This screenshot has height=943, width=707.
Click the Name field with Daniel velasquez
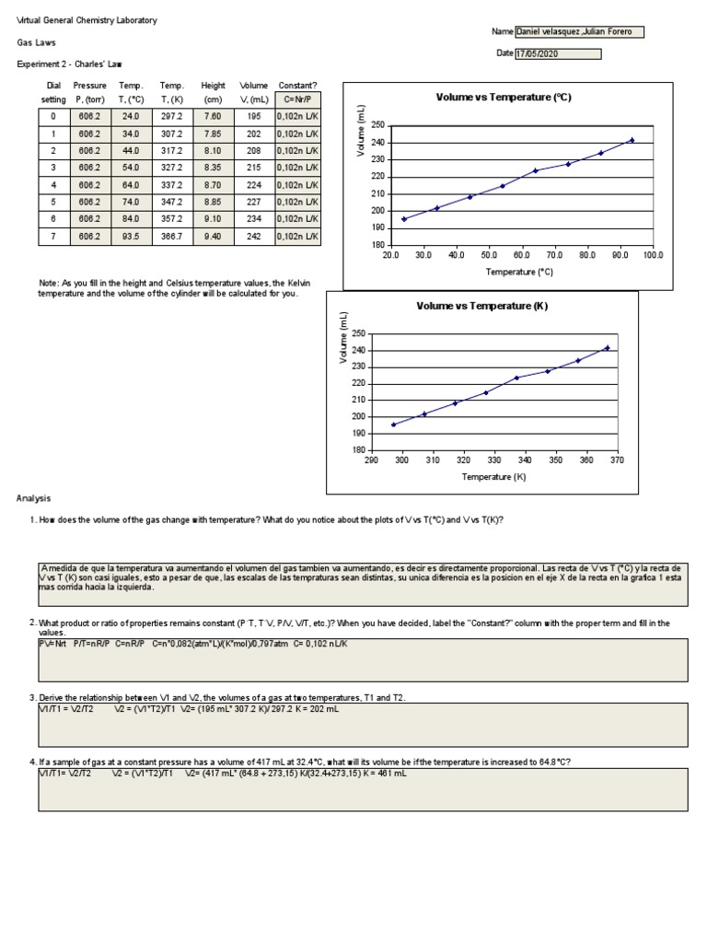579,32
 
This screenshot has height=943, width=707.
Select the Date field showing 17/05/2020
557,53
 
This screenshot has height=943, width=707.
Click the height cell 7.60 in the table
212,117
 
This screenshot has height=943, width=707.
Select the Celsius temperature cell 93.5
130,236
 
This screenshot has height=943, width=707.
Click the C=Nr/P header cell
297,99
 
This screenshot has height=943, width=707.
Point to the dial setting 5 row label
53,202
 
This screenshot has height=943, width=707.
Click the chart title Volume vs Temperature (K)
482,306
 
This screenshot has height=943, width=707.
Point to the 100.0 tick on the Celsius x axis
653,255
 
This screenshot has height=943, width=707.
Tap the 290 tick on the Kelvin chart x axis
372,460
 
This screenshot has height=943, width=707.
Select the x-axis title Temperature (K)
493,477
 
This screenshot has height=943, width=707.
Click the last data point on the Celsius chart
632,140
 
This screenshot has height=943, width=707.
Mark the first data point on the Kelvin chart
394,425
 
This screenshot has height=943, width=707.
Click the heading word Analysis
33,498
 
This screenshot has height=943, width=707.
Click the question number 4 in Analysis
32,763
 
